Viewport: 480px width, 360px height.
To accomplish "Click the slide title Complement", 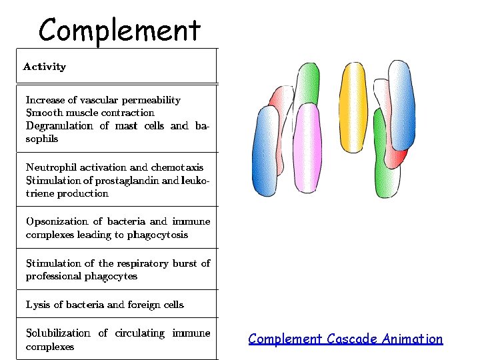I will [119, 30].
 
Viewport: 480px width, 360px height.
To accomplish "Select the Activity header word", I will [45, 67].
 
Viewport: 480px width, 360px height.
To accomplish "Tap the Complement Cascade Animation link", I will [345, 339].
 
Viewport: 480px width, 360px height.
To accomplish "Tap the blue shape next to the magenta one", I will [265, 152].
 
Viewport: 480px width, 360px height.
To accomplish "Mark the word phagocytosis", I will [155, 235].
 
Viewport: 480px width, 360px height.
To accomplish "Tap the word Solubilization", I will [58, 333].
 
